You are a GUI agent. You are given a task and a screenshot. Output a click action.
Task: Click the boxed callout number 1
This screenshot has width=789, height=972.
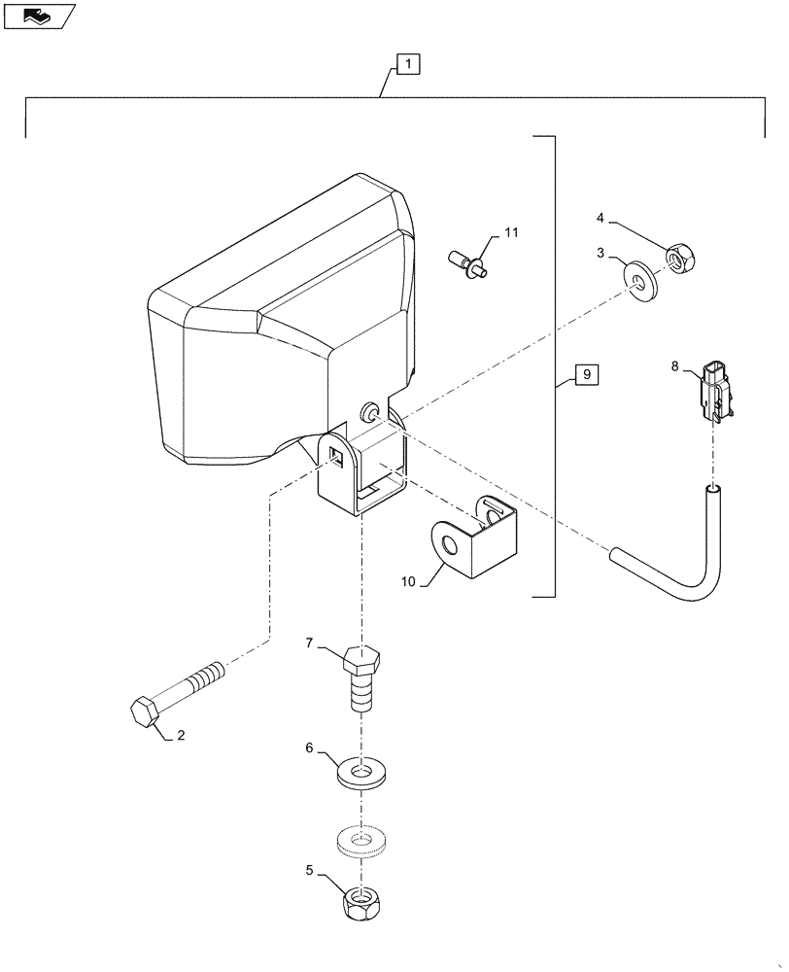click(408, 65)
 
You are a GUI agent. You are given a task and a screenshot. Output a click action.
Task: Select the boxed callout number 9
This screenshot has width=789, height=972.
click(587, 374)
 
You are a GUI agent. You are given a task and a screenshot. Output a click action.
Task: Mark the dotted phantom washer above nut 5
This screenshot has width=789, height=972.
click(361, 837)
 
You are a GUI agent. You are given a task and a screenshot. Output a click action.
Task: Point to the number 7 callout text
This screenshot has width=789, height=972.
click(309, 643)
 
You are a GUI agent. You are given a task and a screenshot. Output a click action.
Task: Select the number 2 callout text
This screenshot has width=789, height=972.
click(180, 737)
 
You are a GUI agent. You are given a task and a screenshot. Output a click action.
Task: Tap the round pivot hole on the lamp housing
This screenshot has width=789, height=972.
click(370, 412)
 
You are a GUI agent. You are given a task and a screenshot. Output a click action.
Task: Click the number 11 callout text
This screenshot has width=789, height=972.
click(511, 233)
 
